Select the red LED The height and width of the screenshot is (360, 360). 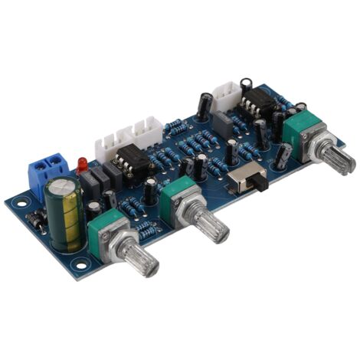[x=81, y=165]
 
